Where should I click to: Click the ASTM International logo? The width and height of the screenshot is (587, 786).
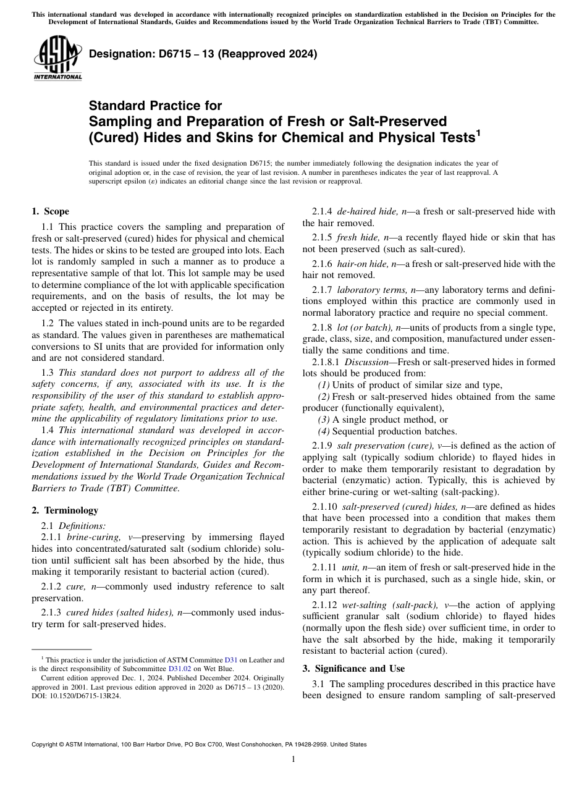point(57,58)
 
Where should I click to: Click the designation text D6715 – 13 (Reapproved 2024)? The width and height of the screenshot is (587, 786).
point(203,54)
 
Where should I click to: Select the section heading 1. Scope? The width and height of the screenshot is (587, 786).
point(50,211)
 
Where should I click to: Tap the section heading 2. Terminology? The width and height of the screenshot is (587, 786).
point(65,510)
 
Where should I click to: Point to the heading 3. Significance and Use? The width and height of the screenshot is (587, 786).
point(353,668)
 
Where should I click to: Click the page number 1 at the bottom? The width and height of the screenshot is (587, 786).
point(293,759)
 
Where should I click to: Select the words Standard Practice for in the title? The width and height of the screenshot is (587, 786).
point(155,106)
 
